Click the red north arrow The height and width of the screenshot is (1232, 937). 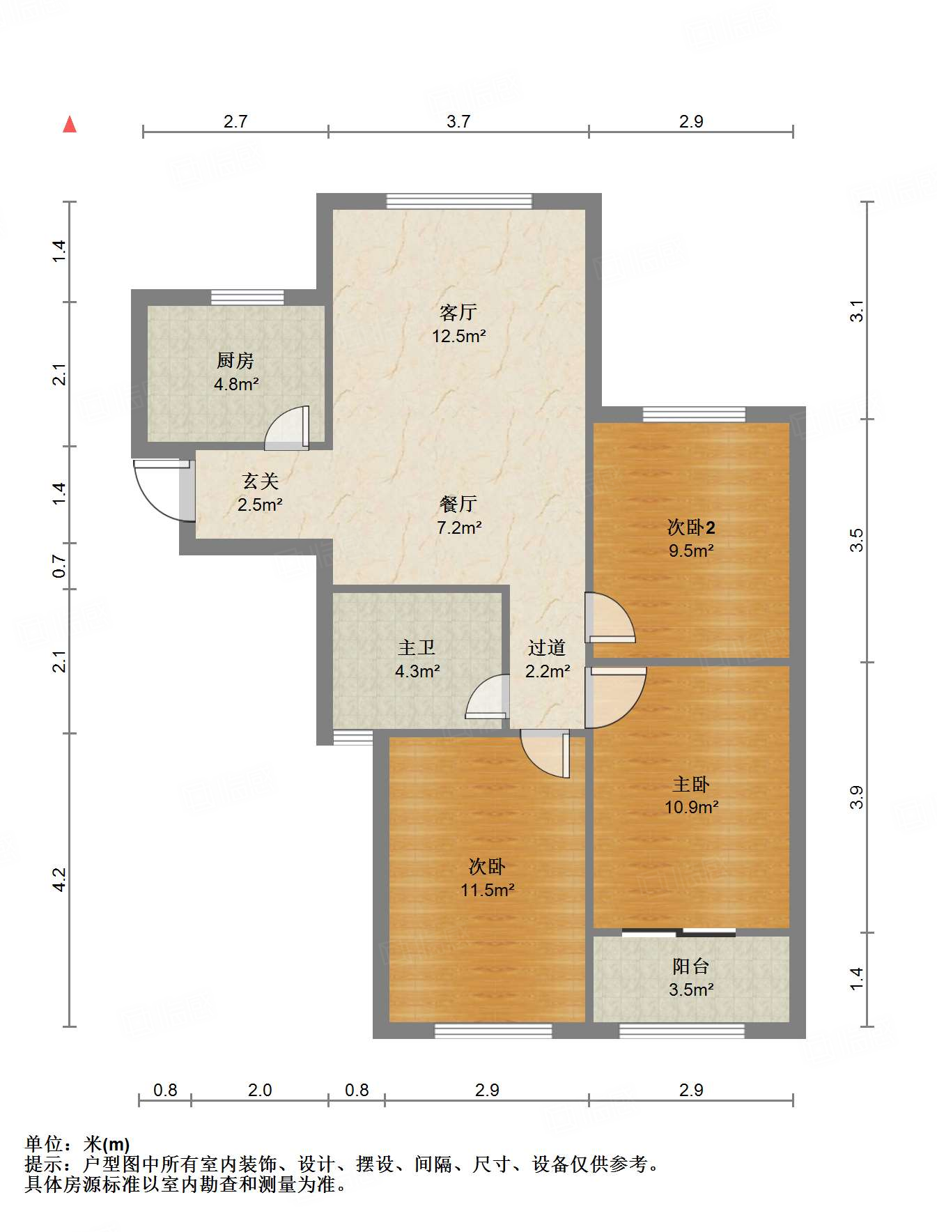click(x=70, y=124)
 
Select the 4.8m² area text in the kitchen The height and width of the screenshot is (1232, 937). click(x=236, y=384)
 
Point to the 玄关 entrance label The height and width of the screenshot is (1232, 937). click(x=260, y=481)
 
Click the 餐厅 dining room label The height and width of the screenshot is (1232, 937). click(x=458, y=504)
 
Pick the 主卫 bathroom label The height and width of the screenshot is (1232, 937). click(x=417, y=647)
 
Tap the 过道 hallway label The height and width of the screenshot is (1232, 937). click(x=546, y=647)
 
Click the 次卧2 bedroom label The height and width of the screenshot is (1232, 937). click(x=691, y=528)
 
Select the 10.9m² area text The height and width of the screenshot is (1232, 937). click(x=691, y=807)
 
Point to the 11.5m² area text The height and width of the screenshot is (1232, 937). click(x=487, y=890)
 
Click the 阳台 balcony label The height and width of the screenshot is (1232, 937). click(x=691, y=966)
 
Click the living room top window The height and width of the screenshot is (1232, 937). click(x=459, y=201)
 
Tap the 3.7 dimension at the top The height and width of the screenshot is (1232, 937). click(x=458, y=121)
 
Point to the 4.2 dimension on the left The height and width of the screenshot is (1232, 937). click(x=60, y=879)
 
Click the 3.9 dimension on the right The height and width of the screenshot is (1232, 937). click(x=856, y=797)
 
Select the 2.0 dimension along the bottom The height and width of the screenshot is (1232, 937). click(x=260, y=1090)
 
